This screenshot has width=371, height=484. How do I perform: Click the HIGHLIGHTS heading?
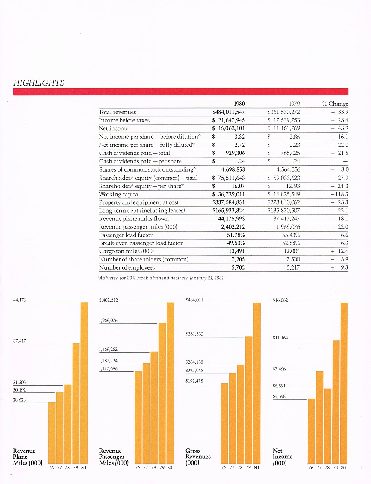pos(38,83)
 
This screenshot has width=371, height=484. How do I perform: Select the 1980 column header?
pos(239,104)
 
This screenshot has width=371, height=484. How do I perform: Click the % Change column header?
pos(335,104)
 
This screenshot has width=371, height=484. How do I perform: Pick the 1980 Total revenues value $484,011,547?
pos(229,112)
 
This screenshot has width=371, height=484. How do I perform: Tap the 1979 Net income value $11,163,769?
pos(284,128)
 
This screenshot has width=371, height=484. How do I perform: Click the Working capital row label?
pos(119,194)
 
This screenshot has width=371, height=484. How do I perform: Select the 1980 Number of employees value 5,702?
pos(238,267)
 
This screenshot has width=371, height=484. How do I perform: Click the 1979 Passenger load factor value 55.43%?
pos(291,235)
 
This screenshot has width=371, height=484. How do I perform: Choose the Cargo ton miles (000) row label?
pos(127,251)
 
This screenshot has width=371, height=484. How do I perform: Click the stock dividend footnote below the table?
pos(160,278)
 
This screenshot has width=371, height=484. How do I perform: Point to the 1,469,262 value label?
pos(108,350)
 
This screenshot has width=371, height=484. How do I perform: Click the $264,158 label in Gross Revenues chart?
pos(194,362)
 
